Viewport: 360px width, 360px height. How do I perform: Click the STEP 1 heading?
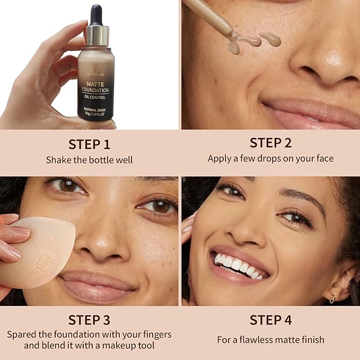click(89, 144)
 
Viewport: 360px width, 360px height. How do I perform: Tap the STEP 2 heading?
click(270, 143)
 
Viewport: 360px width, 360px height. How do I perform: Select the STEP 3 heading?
click(89, 320)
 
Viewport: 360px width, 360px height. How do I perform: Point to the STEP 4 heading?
click(270, 320)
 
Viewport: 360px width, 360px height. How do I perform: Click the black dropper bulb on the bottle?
click(96, 15)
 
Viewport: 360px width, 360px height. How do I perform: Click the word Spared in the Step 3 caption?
click(21, 335)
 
